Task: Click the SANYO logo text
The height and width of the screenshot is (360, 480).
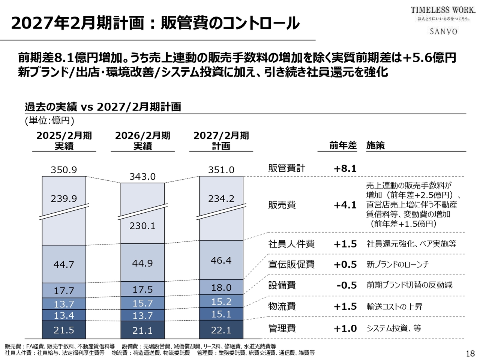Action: click(x=443, y=31)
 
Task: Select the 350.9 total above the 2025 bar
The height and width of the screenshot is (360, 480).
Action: click(x=64, y=170)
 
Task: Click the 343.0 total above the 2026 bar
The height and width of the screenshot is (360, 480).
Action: click(x=142, y=177)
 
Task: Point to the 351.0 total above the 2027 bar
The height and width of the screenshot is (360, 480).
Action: click(x=221, y=170)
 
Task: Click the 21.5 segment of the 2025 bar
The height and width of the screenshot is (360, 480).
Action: click(x=64, y=330)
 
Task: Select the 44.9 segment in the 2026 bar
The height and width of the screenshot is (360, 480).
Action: click(x=142, y=263)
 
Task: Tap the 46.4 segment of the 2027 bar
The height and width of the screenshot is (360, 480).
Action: click(x=221, y=260)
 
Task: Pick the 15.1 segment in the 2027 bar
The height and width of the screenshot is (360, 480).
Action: click(x=221, y=314)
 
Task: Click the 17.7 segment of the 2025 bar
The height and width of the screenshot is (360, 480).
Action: click(x=64, y=291)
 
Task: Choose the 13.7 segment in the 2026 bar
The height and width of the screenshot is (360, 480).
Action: click(x=142, y=316)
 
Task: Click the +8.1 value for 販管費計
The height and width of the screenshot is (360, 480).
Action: click(x=345, y=168)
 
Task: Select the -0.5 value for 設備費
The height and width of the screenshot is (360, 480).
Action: click(x=346, y=285)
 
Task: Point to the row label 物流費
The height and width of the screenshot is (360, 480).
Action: click(x=282, y=306)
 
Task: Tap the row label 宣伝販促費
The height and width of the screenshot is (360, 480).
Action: click(x=291, y=264)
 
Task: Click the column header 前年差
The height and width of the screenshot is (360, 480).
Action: click(x=343, y=145)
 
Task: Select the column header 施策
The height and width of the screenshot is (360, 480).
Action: click(x=375, y=145)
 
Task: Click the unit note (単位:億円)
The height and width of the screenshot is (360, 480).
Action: click(x=49, y=120)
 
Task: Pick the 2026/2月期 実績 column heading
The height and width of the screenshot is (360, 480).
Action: click(x=142, y=141)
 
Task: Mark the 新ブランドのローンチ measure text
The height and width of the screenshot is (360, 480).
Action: click(x=397, y=264)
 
